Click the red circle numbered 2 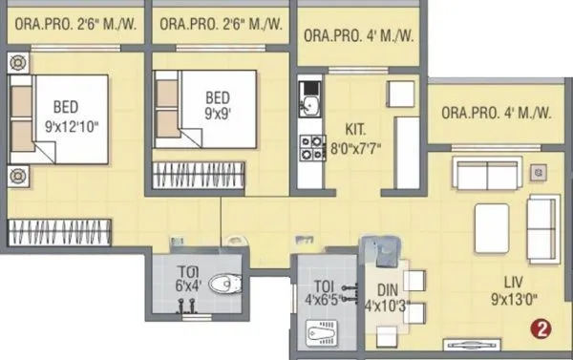click(x=541, y=330)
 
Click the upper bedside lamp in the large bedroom click(x=18, y=63)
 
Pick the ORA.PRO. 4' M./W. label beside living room click(x=497, y=113)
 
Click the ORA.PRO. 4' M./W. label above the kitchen click(x=359, y=36)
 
